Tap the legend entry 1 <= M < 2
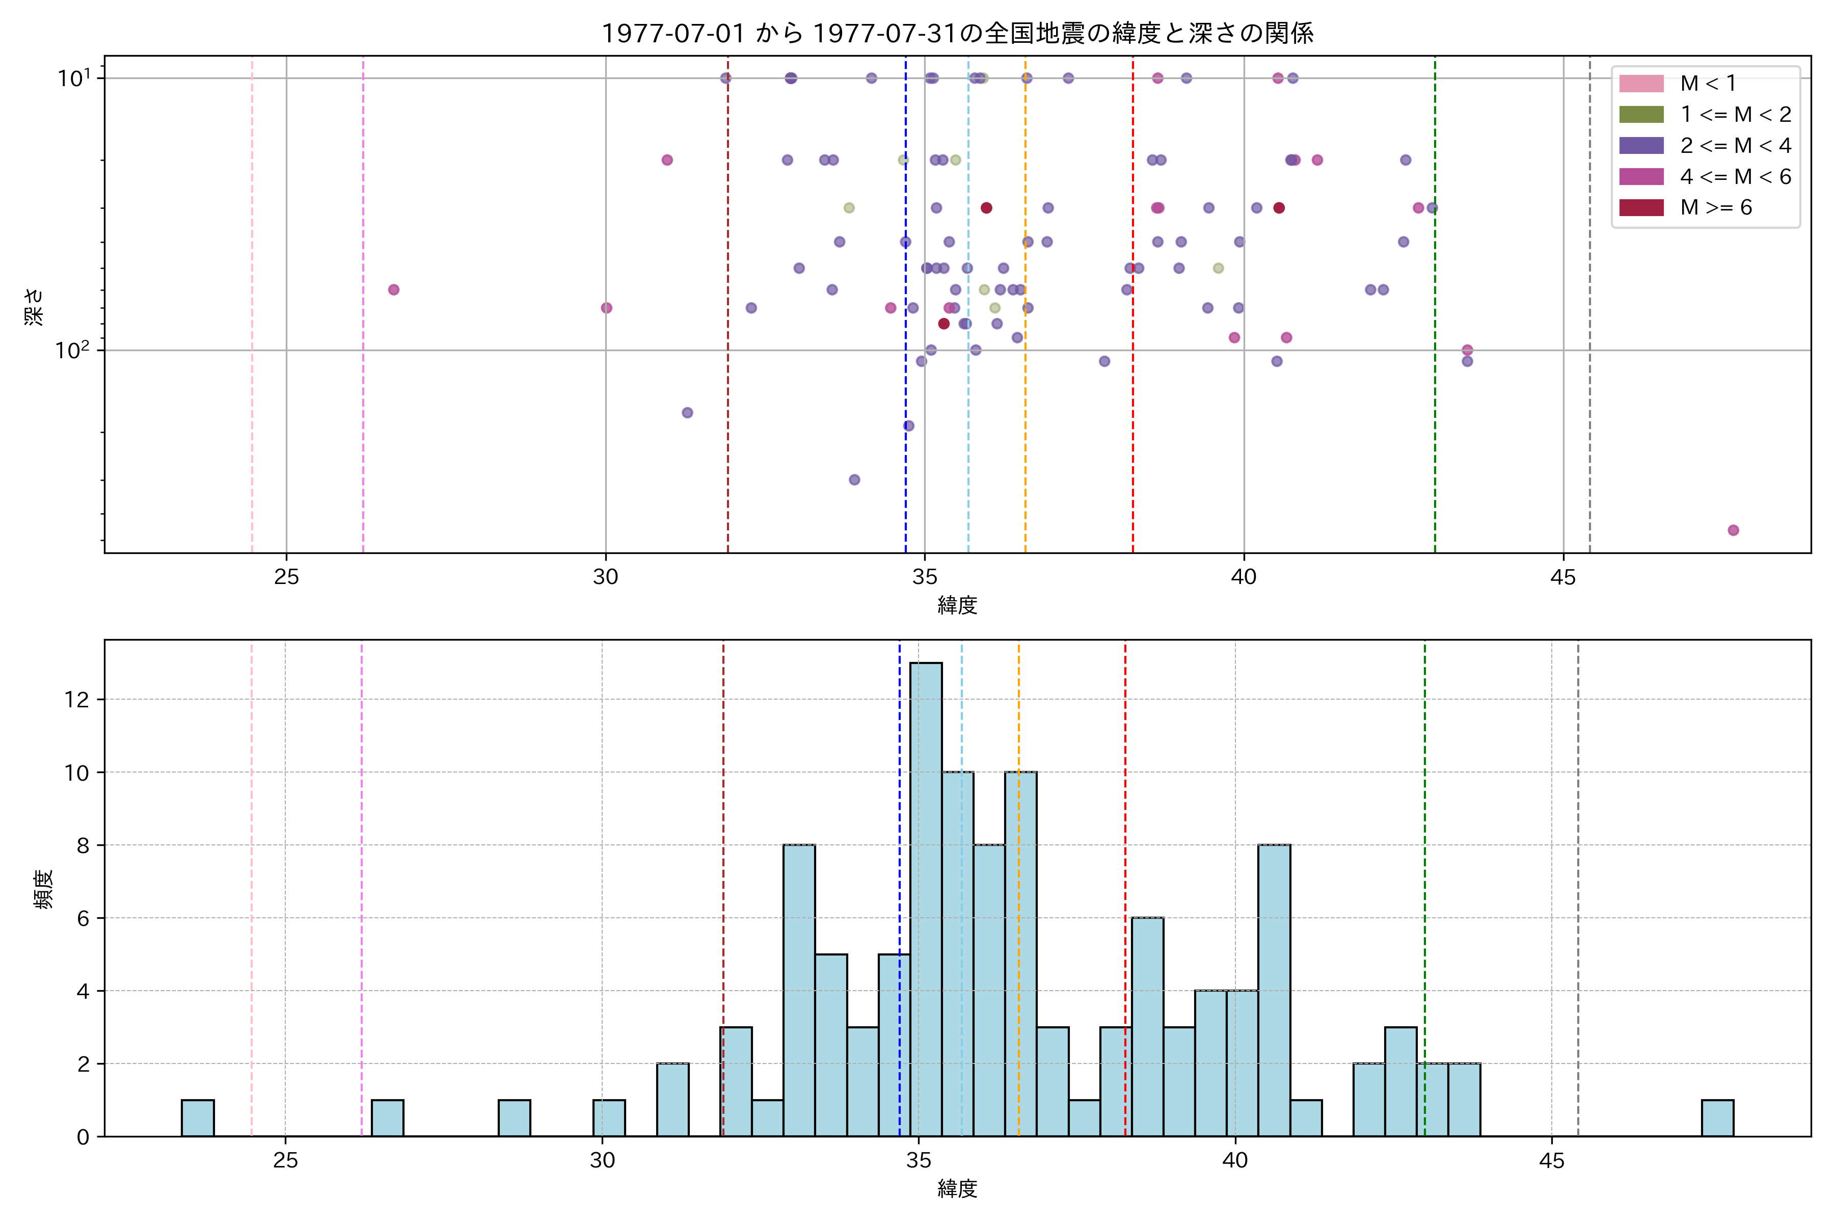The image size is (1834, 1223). click(x=1735, y=115)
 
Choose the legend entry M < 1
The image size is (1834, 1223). click(x=1708, y=84)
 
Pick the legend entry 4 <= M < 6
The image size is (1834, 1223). click(x=1735, y=177)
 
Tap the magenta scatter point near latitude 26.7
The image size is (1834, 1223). click(x=394, y=289)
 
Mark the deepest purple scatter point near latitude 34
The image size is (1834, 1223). click(x=855, y=480)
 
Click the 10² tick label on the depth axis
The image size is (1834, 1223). click(x=72, y=350)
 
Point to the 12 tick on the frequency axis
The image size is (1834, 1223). click(x=77, y=700)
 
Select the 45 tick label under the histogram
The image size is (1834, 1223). click(x=1552, y=1161)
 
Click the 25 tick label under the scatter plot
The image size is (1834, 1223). click(x=287, y=577)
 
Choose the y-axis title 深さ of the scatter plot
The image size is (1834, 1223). click(x=34, y=306)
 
